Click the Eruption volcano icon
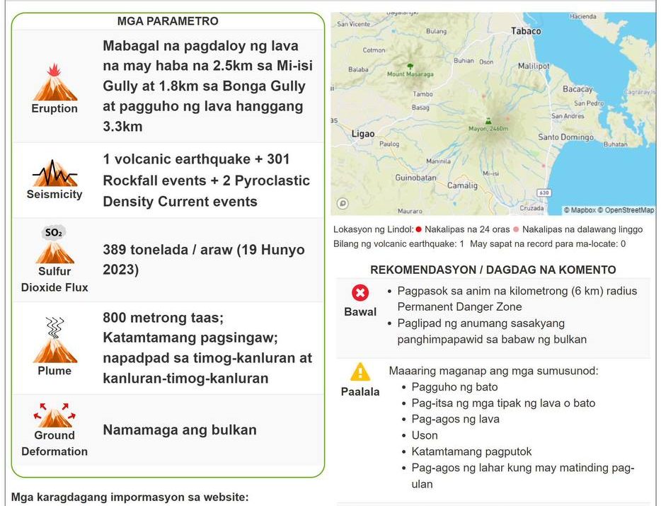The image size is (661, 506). tap(54, 83)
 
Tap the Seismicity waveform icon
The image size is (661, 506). tap(54, 173)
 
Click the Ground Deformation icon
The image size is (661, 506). tap(54, 415)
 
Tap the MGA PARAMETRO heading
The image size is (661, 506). tap(168, 21)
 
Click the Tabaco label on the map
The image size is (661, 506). tap(526, 31)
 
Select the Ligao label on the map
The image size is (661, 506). tap(363, 134)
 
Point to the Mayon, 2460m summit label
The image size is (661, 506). tap(488, 128)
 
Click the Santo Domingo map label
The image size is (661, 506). tap(565, 137)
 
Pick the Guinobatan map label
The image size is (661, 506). tap(415, 178)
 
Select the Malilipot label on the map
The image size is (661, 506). tap(534, 66)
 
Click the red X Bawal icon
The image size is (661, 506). tap(360, 293)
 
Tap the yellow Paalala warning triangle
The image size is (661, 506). tap(360, 372)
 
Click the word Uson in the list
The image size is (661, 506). tap(425, 435)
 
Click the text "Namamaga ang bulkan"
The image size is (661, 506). tap(180, 430)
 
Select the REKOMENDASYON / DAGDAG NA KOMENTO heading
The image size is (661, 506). tap(493, 270)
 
